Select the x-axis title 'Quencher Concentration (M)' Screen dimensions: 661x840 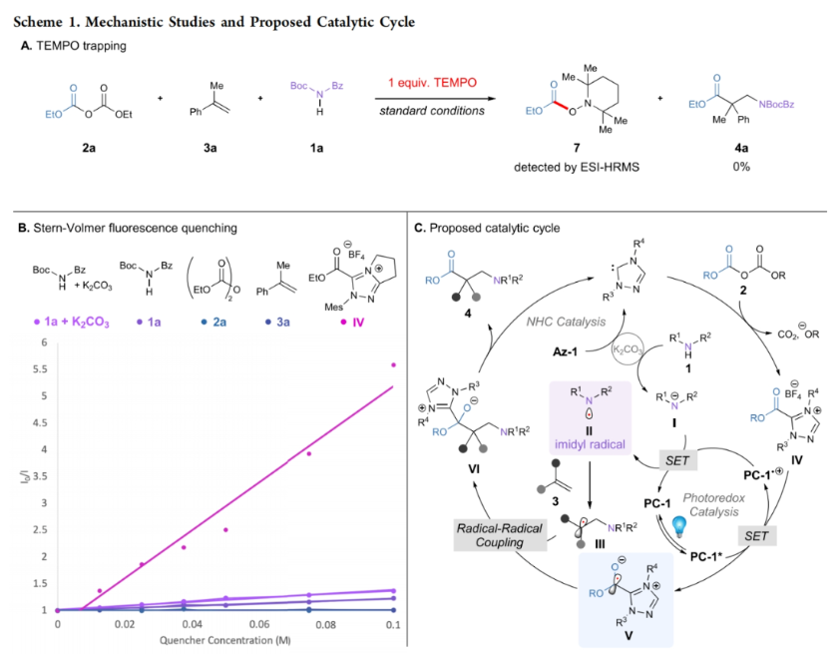225,640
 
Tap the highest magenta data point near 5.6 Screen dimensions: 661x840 394,365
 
